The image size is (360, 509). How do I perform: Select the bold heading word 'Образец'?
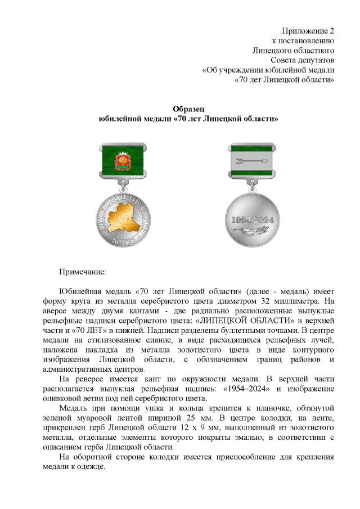(x=188, y=109)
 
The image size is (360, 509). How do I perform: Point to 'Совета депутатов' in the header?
(x=303, y=60)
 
